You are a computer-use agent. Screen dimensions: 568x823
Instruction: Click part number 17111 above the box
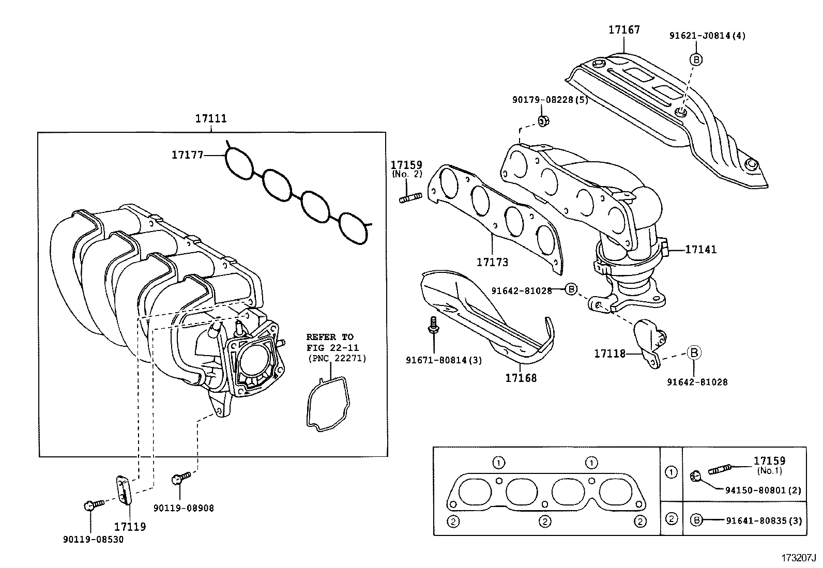[210, 118]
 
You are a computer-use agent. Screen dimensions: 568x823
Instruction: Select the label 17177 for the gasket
[187, 154]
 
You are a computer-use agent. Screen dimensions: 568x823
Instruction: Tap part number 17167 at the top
[623, 29]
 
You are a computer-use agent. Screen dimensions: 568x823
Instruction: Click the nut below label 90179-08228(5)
[543, 121]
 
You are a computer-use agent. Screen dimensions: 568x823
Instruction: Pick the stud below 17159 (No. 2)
[410, 197]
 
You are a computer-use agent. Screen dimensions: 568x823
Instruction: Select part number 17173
[492, 263]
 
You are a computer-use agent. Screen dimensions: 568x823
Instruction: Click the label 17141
[701, 250]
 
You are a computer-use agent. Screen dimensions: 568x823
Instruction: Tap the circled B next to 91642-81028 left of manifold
[571, 289]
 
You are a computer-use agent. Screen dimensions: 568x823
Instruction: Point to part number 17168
[521, 378]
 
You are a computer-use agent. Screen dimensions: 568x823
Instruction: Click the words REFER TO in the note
[330, 337]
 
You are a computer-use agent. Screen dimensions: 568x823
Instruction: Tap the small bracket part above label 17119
[123, 488]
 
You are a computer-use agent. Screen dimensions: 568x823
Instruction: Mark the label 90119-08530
[93, 539]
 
